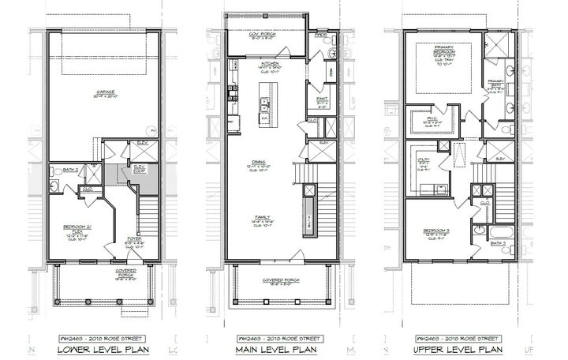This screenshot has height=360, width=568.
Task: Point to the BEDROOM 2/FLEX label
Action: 73,227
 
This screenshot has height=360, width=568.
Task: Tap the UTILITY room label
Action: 424,162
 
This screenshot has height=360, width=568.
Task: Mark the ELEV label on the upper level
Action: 501,159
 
